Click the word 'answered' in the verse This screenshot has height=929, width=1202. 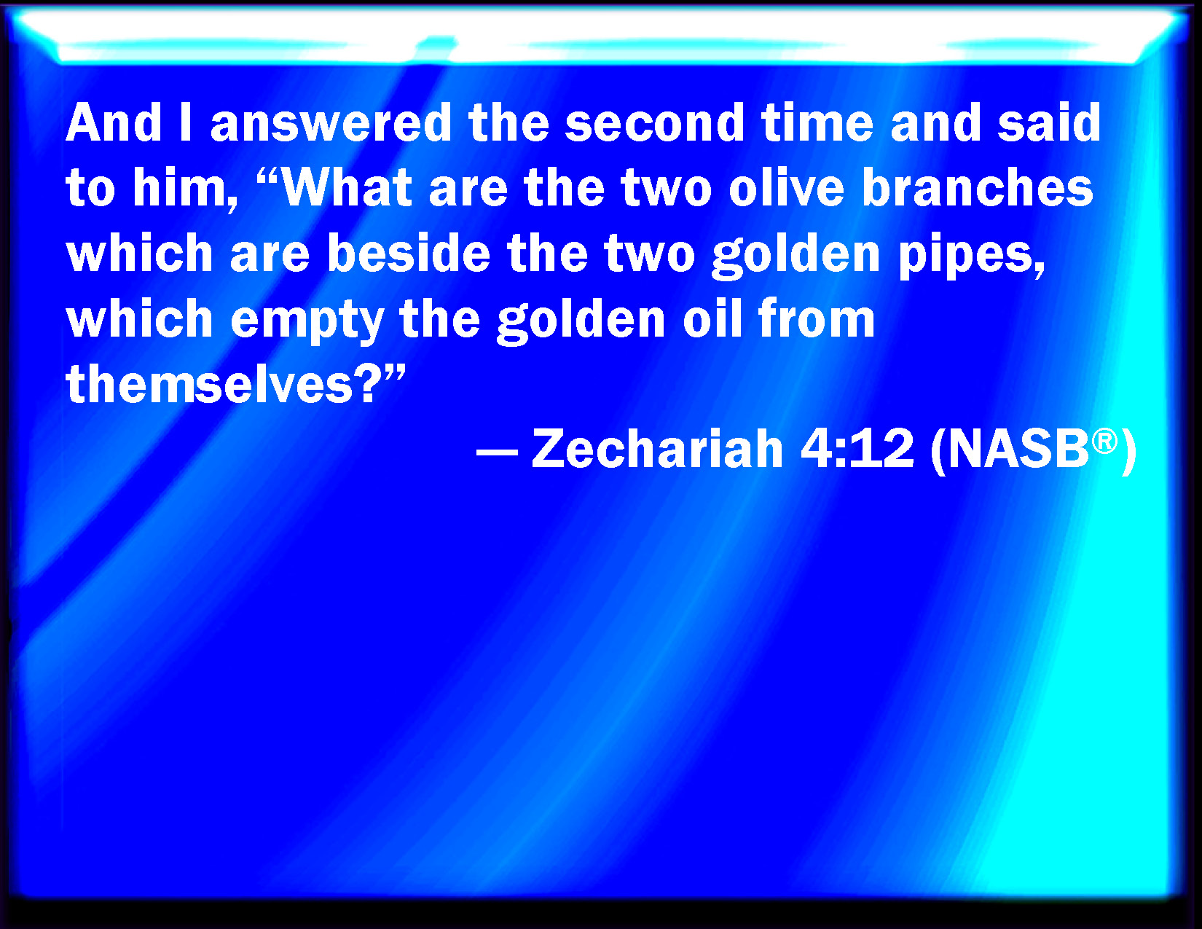[331, 123]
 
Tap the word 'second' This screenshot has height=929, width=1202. [654, 123]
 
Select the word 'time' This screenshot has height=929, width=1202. [817, 123]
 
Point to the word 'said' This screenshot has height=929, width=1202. [1049, 123]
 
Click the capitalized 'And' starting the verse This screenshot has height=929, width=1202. [114, 123]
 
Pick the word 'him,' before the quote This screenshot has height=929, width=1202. [185, 189]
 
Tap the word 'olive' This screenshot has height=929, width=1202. [787, 189]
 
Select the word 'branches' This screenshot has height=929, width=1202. [978, 189]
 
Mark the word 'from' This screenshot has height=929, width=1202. [817, 319]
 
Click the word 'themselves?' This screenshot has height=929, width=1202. [235, 384]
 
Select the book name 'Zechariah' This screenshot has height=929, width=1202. [657, 449]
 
